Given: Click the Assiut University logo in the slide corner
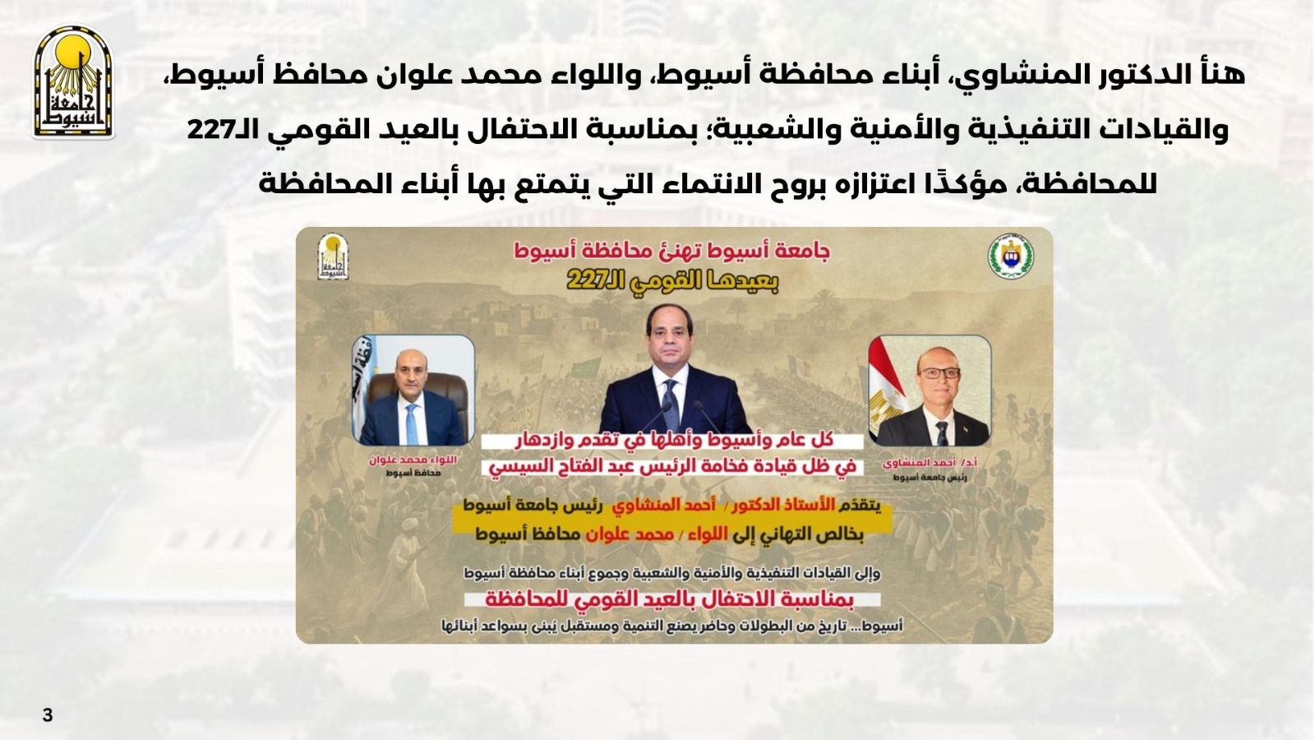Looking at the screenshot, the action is coord(73,81).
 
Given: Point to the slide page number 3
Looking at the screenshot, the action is coord(48,715).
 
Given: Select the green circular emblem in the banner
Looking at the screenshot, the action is coord(1010,257).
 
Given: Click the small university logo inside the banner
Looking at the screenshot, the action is coord(333,257).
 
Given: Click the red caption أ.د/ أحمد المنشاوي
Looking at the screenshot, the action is coord(930,464).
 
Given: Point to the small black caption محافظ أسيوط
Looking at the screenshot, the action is coord(413,473).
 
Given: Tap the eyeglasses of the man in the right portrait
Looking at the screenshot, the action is coord(939,373).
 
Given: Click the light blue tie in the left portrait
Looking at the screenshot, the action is coord(412,423).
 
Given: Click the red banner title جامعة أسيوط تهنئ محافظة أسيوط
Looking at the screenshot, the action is coord(672,252).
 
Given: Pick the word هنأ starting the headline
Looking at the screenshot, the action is coord(1224,75).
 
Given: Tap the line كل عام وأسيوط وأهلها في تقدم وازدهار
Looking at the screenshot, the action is coord(673,441).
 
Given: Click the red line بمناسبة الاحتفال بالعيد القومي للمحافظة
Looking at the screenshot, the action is coord(673,599).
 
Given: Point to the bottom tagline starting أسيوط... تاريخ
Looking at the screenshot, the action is coord(672,627).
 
